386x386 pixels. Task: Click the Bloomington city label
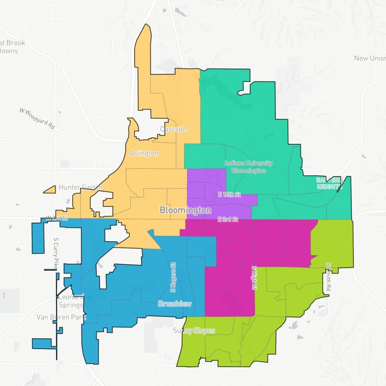click(x=185, y=211)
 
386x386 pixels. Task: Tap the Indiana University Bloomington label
click(x=248, y=167)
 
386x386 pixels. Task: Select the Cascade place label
click(x=173, y=130)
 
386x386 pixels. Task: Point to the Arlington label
click(x=144, y=153)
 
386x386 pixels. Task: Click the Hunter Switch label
click(x=80, y=187)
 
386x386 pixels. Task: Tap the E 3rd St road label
click(x=228, y=219)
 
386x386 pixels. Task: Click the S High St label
click(x=255, y=278)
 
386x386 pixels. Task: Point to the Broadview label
click(x=174, y=303)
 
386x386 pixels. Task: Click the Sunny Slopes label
click(x=194, y=331)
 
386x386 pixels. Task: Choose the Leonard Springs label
click(x=70, y=301)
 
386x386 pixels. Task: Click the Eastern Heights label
click(x=328, y=183)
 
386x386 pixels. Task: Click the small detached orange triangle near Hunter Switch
click(x=50, y=189)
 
